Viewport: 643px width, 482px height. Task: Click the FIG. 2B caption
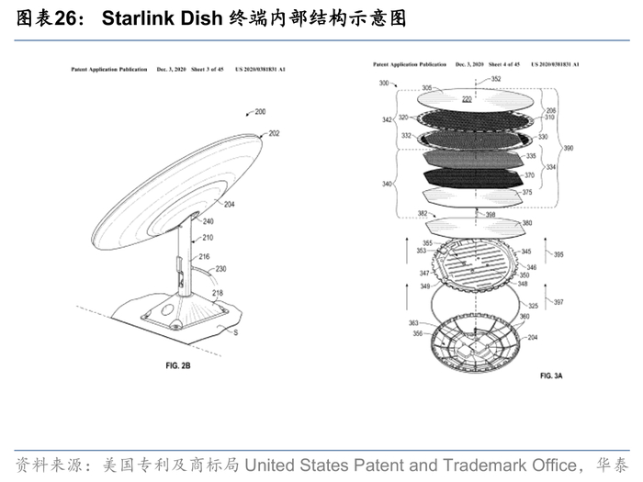tap(177, 365)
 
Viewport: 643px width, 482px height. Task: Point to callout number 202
tap(274, 134)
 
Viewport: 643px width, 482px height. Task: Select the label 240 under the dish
tap(209, 221)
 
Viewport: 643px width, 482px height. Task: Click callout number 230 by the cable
tap(221, 269)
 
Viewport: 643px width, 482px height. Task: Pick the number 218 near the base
tap(218, 294)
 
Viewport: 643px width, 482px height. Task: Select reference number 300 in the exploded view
tap(383, 84)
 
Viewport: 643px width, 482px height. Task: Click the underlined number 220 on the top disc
tap(467, 98)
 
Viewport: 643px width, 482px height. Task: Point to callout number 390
tap(569, 148)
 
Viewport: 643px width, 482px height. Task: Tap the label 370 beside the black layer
tap(529, 175)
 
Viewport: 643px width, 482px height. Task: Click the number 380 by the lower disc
tap(527, 223)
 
